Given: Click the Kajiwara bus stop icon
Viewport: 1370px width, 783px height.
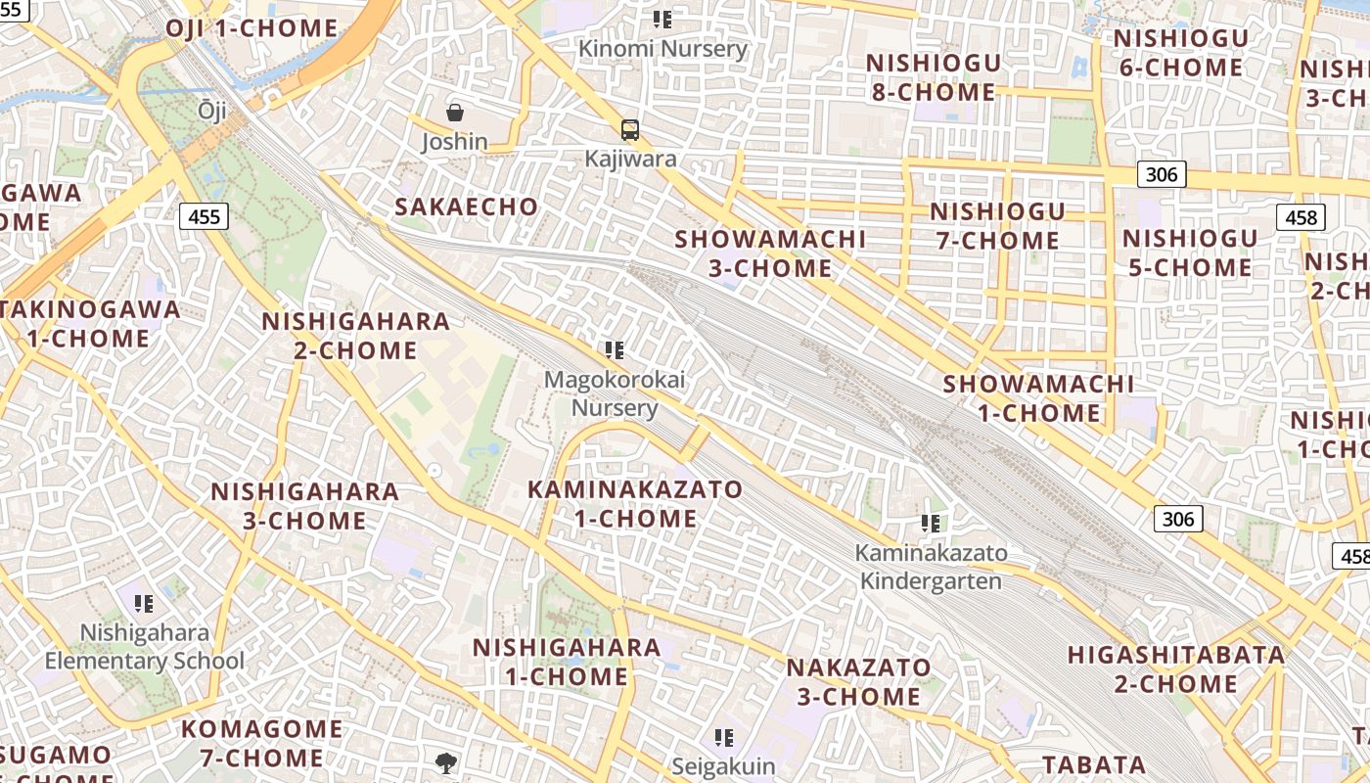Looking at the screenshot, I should (630, 129).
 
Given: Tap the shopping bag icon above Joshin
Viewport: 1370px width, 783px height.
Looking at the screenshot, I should (455, 113).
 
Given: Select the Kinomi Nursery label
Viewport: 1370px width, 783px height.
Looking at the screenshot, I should (662, 48).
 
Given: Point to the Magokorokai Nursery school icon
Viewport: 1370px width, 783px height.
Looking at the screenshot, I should (615, 349).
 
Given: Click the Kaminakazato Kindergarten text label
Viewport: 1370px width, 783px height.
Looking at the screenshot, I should (931, 567).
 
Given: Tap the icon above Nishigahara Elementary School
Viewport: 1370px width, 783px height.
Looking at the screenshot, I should (144, 603).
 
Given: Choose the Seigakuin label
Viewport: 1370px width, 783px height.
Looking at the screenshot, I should (723, 765).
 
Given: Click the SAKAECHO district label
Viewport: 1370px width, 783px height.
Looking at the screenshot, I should (466, 207).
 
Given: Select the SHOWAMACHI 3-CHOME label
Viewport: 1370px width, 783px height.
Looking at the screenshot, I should (770, 253).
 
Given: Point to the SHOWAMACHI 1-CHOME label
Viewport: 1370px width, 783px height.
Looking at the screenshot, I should (1038, 398).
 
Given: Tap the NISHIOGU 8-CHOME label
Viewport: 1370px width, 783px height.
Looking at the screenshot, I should (933, 78).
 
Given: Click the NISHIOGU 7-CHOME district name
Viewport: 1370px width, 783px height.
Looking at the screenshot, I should (996, 226).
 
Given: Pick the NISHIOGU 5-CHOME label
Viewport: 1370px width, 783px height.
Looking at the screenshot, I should (1189, 253).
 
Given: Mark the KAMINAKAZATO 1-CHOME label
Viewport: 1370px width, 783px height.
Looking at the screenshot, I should (635, 503).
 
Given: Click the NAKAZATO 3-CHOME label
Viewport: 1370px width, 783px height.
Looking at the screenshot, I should (858, 682).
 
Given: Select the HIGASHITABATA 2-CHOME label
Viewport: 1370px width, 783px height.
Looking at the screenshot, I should (1175, 668).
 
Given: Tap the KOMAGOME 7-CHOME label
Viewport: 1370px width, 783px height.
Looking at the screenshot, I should (261, 743).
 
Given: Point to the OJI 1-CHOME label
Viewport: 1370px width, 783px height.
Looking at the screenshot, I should (251, 28).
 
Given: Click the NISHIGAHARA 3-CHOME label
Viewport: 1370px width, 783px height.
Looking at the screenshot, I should (304, 505).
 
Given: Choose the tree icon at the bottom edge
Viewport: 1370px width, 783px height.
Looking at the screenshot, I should (445, 762).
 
